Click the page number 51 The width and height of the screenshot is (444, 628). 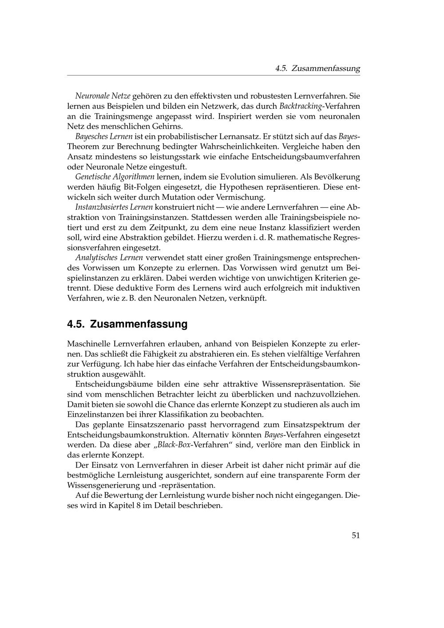tap(356, 535)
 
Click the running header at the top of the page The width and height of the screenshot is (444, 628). tap(317, 68)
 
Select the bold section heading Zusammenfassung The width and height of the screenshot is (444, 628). tap(127, 324)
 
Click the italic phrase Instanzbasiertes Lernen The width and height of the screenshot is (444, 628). tap(114, 207)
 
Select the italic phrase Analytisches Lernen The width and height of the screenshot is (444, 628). tap(109, 258)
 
